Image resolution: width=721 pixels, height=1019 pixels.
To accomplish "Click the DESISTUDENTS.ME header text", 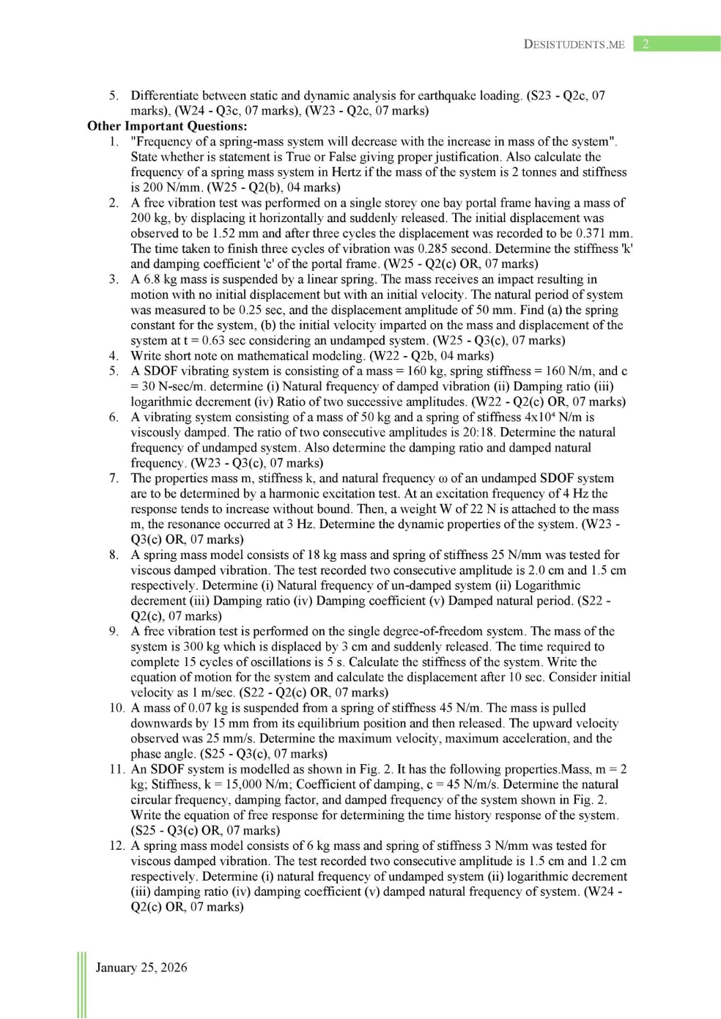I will (574, 45).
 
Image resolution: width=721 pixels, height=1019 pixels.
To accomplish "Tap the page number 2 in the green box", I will (645, 44).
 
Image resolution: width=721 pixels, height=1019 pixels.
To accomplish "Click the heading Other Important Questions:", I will (167, 126).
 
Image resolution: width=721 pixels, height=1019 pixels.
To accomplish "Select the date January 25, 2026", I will (141, 968).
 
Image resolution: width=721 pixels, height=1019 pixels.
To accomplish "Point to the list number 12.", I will (117, 845).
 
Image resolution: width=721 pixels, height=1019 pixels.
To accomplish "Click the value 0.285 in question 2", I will (433, 248).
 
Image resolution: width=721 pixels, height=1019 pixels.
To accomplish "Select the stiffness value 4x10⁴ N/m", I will (547, 417).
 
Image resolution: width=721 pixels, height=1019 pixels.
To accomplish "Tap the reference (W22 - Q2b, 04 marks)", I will (432, 356).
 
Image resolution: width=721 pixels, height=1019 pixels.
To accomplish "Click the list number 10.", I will (117, 708).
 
